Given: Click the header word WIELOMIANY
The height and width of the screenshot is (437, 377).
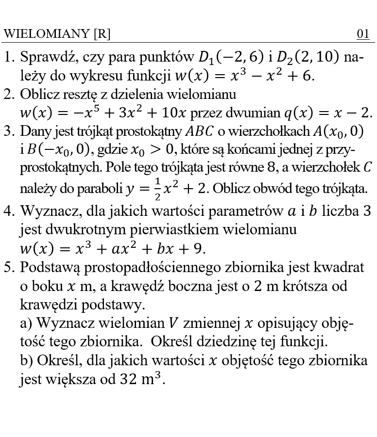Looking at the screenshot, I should (x=46, y=34).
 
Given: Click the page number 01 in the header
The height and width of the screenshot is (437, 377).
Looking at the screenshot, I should (x=363, y=34).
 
